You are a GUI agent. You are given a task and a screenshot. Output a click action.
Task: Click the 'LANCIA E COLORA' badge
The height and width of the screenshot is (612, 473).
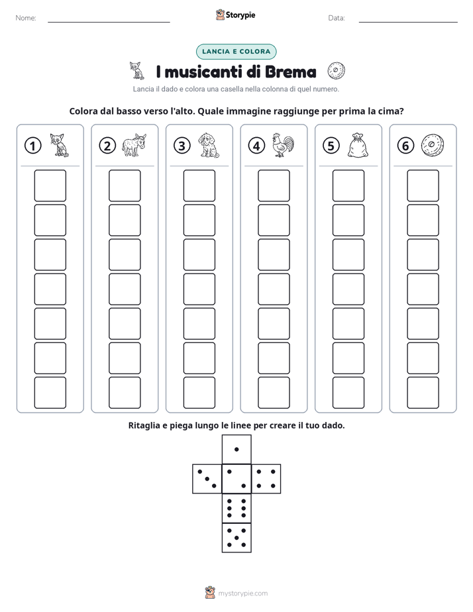pos(236,52)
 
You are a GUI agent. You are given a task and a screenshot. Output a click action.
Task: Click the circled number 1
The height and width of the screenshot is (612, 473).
pos(32,146)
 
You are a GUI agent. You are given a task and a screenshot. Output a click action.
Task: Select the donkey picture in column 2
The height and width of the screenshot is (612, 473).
pos(134,145)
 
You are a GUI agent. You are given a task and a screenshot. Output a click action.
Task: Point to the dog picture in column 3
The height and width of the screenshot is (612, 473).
pos(209,145)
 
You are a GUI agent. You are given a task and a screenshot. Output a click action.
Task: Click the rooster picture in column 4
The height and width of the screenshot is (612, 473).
pos(283,145)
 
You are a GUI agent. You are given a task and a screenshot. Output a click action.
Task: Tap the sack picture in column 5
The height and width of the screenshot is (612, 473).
pos(358,146)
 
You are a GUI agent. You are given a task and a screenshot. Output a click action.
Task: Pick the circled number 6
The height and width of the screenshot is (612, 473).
pos(405,146)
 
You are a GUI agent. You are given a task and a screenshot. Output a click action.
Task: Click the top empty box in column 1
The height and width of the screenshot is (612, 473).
pos(50,185)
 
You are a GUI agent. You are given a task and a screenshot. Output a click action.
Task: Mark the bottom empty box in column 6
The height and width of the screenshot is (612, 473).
pos(423,393)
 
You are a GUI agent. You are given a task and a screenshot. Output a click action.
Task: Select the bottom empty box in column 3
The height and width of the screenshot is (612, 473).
pos(199,393)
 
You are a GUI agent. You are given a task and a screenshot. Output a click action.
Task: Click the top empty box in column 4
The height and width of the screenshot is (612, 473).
pos(274,185)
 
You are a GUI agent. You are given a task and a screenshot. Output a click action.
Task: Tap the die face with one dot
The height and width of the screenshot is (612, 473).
pos(236,449)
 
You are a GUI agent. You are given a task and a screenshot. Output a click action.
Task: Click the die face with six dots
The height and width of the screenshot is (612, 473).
pos(236,508)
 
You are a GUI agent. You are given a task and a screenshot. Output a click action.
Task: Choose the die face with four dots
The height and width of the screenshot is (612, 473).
pos(266,479)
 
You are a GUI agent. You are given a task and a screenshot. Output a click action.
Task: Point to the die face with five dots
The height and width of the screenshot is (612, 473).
pos(236,538)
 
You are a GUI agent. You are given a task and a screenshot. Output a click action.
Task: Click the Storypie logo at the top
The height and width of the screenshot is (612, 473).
pos(235,15)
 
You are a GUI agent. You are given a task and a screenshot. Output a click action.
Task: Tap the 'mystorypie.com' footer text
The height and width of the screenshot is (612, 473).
pos(242,593)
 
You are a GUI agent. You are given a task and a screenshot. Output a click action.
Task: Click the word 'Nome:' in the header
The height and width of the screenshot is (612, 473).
pos(26,18)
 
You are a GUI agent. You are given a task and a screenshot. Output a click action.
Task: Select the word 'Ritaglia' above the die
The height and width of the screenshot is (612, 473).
pos(144,425)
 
